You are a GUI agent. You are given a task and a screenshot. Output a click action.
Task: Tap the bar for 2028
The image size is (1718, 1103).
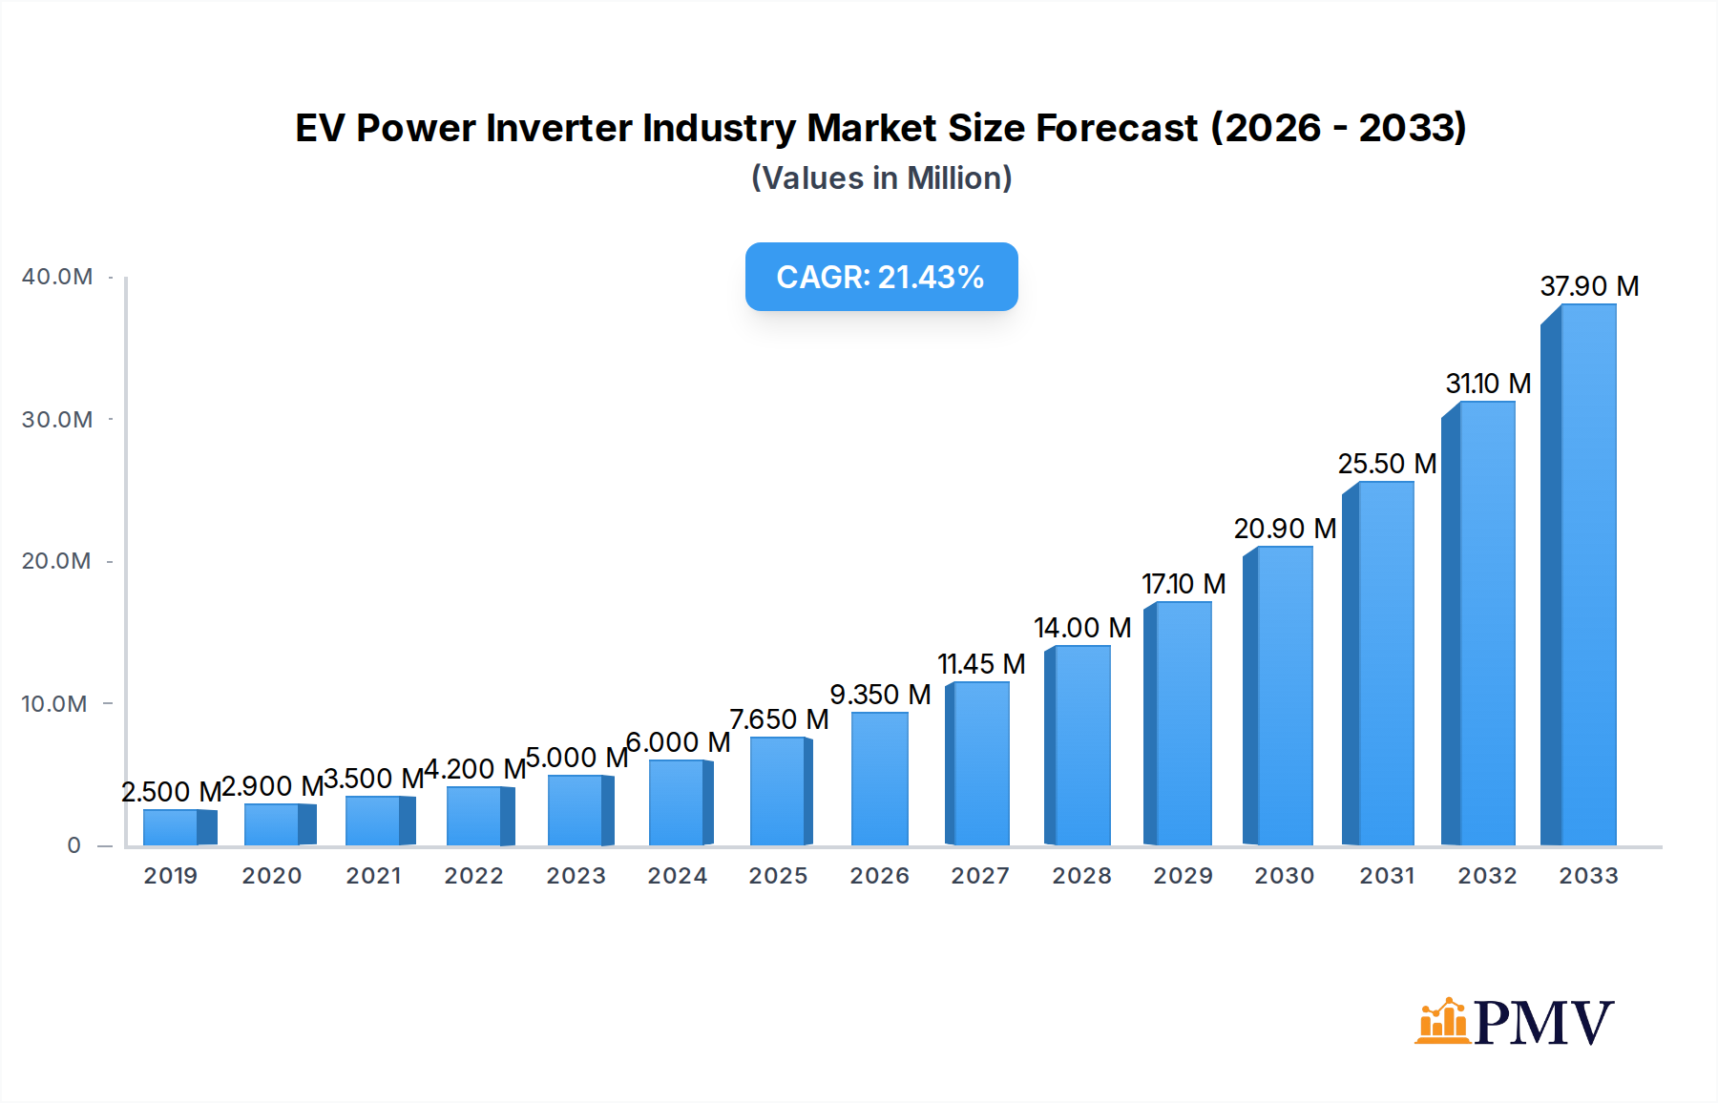tap(1079, 745)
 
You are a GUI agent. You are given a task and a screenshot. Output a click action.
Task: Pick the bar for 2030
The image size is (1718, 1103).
tap(1279, 696)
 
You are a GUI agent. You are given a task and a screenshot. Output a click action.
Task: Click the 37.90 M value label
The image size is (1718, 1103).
tap(1589, 286)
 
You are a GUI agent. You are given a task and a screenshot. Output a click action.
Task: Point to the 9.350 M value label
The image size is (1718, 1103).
tap(880, 695)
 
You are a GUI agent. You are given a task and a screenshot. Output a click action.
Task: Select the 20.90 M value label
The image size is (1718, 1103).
tap(1285, 529)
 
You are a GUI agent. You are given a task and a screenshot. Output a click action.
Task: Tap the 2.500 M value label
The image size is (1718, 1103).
tap(171, 792)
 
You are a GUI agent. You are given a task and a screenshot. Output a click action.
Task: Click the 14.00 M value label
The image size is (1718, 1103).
tap(1082, 628)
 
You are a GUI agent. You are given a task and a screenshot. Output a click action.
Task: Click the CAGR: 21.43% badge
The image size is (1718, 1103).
tap(881, 277)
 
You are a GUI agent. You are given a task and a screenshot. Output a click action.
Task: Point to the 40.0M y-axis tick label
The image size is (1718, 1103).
tap(57, 277)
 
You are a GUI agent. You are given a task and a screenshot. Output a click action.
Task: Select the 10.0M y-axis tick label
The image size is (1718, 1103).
tap(54, 704)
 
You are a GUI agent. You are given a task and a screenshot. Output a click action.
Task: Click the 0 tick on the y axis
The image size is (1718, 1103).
tap(73, 845)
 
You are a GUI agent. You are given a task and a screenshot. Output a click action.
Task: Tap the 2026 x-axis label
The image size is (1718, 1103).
tap(879, 876)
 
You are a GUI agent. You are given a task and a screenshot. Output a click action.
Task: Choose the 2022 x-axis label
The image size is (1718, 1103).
tap(473, 876)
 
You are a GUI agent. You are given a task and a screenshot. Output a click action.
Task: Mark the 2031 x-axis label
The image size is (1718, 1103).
tap(1387, 876)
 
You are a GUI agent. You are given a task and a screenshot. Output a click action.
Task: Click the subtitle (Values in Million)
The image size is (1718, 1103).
tap(881, 178)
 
